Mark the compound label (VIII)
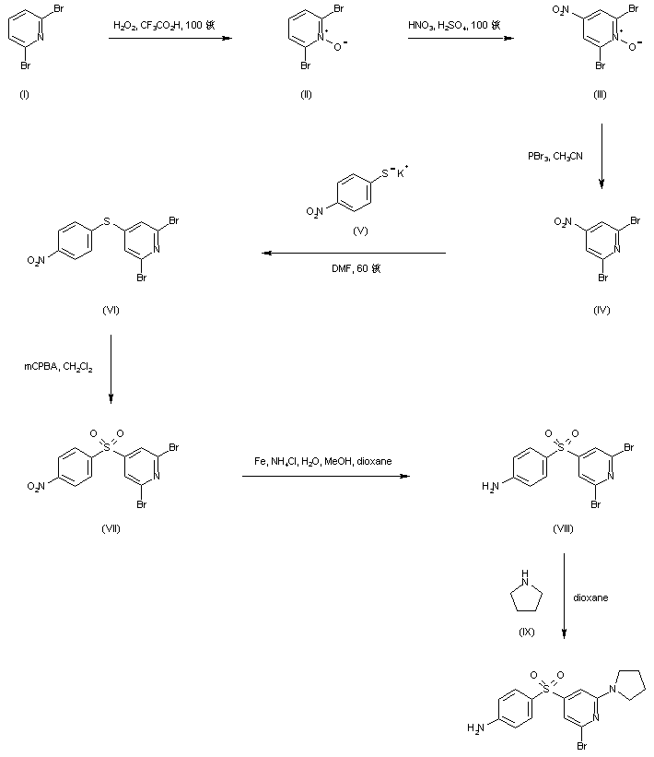[x=564, y=527]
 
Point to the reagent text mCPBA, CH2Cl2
[x=57, y=366]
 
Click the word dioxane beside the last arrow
[x=590, y=597]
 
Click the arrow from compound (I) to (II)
[x=165, y=39]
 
